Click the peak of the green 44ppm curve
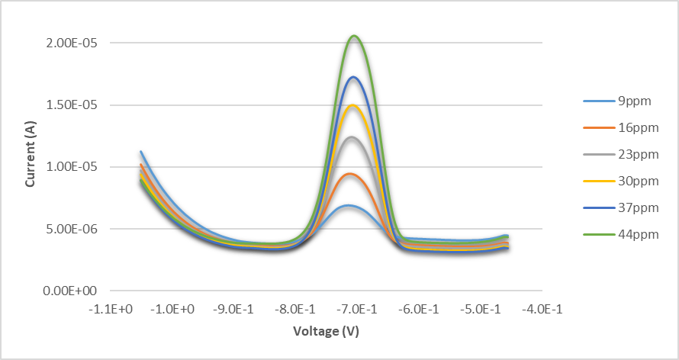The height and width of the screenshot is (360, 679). (354, 36)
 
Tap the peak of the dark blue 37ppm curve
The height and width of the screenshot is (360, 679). (353, 77)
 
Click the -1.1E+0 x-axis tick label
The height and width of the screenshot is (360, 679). (111, 309)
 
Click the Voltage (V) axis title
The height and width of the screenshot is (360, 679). (326, 332)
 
